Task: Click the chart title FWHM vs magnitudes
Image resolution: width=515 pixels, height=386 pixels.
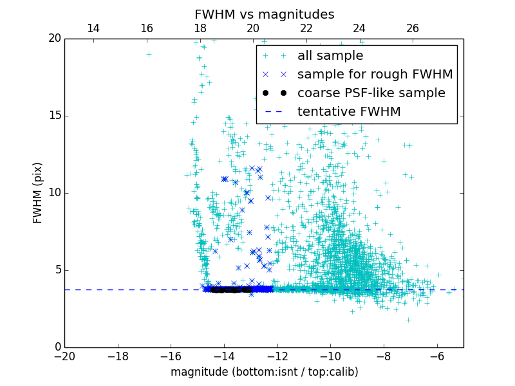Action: coord(264,14)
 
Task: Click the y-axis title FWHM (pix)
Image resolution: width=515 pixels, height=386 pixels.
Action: coord(38,192)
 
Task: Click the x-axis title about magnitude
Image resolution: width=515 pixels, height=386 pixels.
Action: coord(264,372)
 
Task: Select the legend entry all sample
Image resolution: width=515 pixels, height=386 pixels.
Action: coord(330,56)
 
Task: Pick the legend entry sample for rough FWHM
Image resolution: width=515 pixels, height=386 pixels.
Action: coord(375,75)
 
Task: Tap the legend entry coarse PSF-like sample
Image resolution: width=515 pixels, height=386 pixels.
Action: coord(371,93)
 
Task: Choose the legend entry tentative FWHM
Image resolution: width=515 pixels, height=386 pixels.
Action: coord(349,112)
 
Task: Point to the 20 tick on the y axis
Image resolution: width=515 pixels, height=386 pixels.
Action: coord(54,39)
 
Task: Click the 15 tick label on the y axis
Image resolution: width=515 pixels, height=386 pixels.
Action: coord(54,116)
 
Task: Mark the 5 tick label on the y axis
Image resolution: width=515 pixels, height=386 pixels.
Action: coord(57,270)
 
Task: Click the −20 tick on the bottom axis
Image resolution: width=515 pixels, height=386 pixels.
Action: coord(64,356)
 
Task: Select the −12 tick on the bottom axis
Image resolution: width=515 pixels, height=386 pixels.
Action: coord(277,356)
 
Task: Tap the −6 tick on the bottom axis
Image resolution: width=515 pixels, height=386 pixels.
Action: coord(437,356)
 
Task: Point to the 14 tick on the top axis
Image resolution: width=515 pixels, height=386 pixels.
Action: coord(93,28)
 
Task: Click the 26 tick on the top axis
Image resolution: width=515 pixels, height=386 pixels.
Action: coord(413,28)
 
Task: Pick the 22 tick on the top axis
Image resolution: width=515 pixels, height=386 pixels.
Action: coord(306,28)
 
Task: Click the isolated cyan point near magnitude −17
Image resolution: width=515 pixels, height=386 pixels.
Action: coord(149,54)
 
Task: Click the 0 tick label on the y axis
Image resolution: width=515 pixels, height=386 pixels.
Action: coord(57,347)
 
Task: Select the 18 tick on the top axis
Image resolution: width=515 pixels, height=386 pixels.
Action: coord(200,28)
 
